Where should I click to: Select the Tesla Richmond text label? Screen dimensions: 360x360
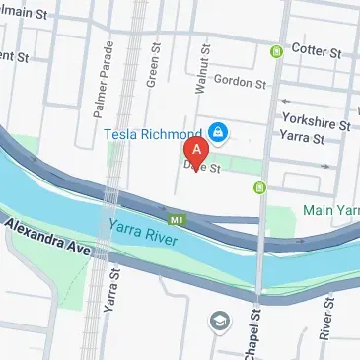coord(153,131)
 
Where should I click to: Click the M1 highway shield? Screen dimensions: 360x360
coord(178,218)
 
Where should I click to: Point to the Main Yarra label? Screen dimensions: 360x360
coord(330,209)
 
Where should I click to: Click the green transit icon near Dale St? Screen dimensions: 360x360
coord(258,184)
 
